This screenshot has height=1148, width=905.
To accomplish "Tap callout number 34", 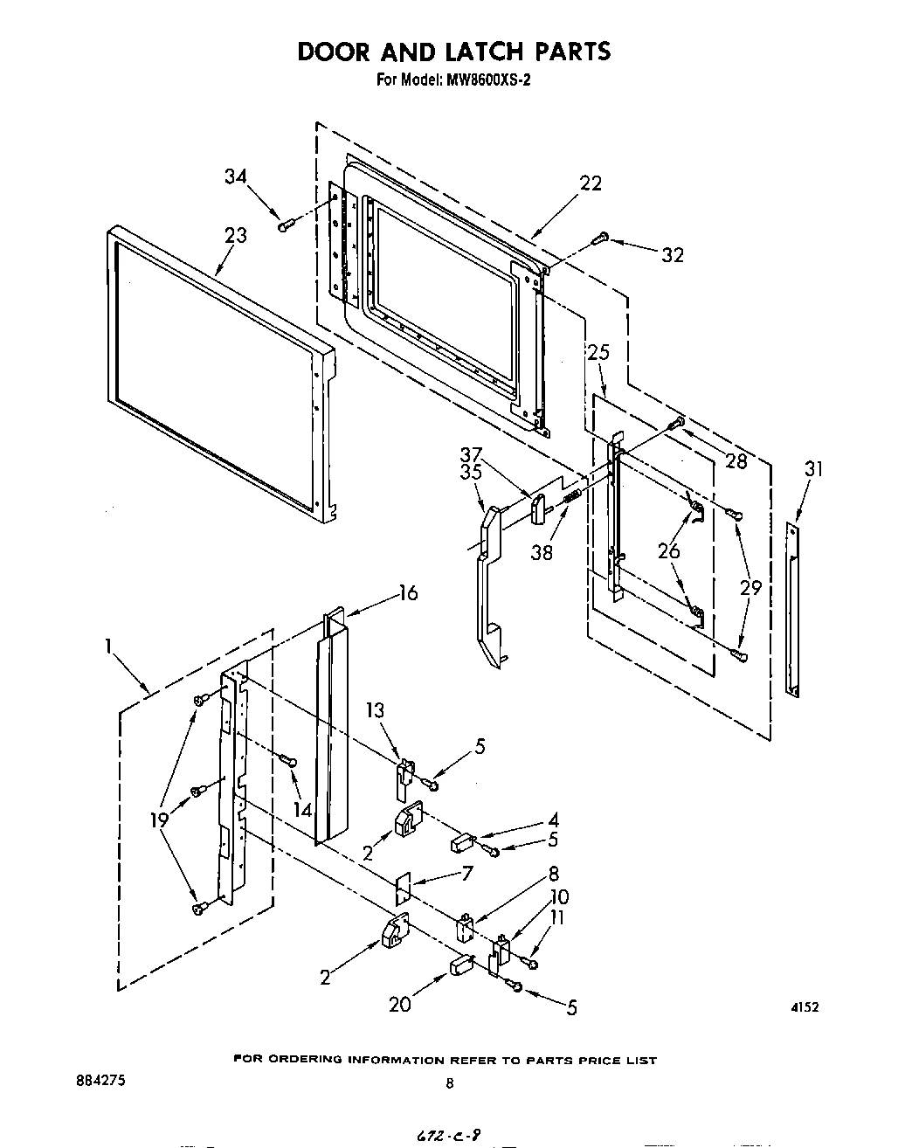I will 235,176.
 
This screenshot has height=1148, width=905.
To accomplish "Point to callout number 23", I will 235,235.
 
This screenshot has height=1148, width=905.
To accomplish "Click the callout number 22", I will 591,183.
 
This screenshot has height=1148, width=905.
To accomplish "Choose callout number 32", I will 672,255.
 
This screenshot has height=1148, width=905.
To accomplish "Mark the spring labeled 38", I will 572,496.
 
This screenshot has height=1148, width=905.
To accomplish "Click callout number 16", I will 408,594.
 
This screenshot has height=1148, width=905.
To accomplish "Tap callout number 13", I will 375,710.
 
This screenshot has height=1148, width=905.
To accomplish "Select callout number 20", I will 400,1005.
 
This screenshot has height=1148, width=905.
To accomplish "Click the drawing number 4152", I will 805,1007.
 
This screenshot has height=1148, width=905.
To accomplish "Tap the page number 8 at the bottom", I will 450,1083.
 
